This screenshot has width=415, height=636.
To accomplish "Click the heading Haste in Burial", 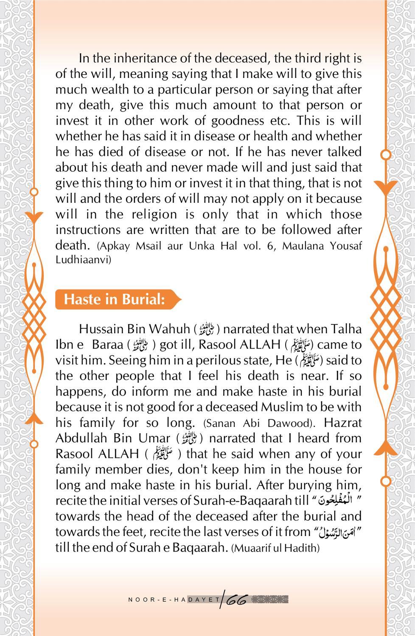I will (x=114, y=299).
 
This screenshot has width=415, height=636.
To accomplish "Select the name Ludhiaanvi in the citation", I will (x=83, y=259).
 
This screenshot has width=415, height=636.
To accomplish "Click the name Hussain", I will (x=100, y=329).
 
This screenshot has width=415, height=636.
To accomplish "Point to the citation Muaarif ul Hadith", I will (x=275, y=548).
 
